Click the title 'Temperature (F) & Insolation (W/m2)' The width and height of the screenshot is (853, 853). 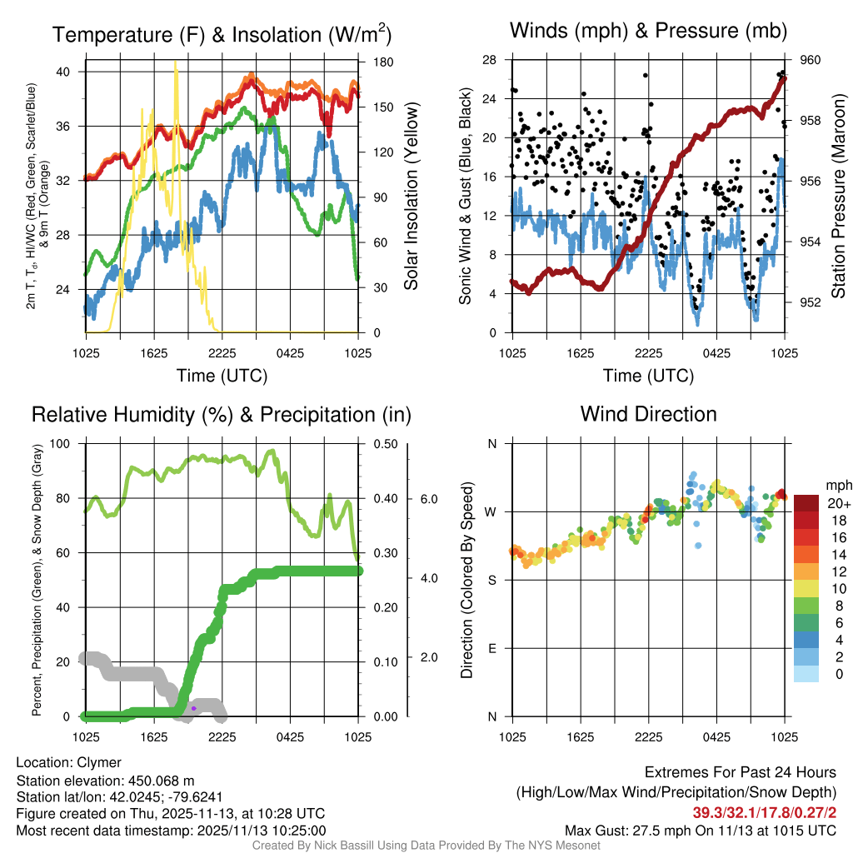point(222,35)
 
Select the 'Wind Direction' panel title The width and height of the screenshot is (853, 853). point(648,414)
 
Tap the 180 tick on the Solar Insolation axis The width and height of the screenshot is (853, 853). point(384,62)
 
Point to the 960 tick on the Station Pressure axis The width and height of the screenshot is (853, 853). point(811,60)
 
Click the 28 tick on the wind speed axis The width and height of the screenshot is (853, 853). point(489,60)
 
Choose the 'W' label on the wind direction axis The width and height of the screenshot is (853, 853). point(491,511)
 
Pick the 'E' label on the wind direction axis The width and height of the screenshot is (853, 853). point(492,648)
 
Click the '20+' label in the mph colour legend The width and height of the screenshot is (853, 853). point(838,503)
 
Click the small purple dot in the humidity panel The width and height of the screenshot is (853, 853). point(193,708)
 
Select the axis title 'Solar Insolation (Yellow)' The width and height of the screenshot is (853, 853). point(411,197)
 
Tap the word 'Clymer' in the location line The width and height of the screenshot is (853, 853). point(99,762)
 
